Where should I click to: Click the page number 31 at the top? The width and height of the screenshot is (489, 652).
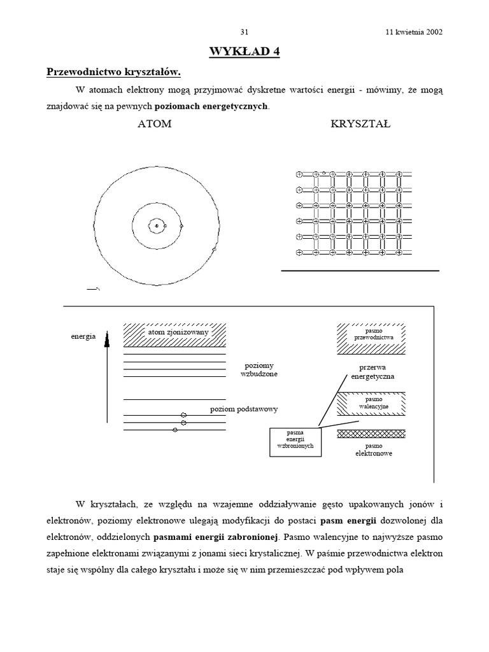[x=244, y=32]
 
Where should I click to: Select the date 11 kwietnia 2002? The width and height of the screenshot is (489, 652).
[x=414, y=32]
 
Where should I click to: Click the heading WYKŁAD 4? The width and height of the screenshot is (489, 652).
[x=244, y=52]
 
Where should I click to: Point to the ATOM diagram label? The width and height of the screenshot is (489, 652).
[x=155, y=124]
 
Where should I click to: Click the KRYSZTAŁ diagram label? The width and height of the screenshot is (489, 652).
[x=360, y=124]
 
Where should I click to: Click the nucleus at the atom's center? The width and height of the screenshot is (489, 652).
[x=156, y=225]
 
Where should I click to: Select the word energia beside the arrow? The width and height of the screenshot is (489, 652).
[x=83, y=336]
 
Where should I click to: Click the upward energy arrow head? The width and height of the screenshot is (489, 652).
[x=107, y=337]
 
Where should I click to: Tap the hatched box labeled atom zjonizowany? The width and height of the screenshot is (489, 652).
[x=174, y=333]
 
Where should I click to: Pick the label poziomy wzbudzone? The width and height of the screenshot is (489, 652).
[x=259, y=370]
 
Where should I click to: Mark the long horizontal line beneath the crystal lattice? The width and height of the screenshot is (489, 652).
[x=360, y=271]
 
